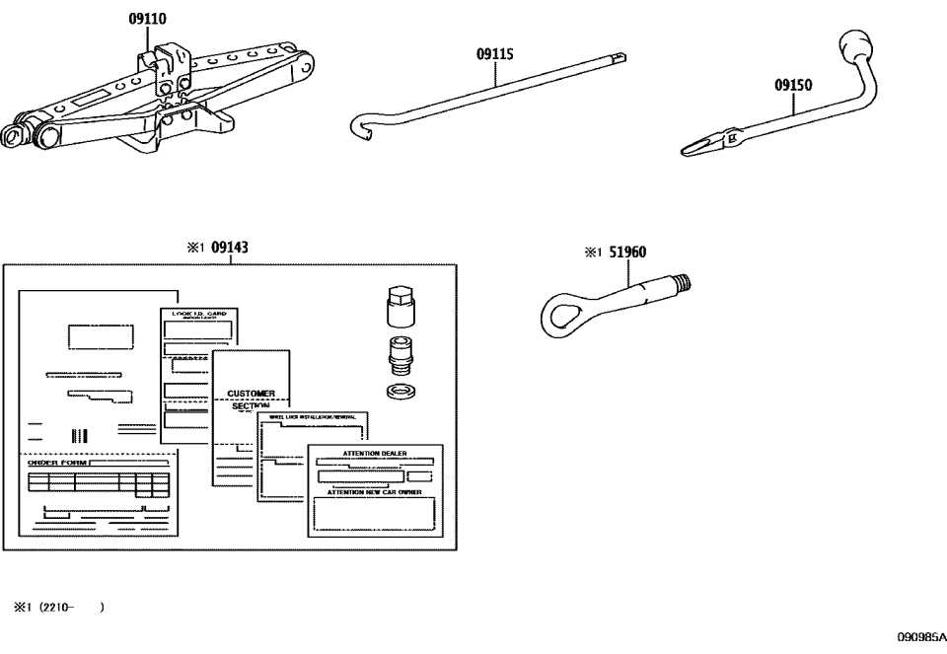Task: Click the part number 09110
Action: [147, 18]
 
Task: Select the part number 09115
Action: [495, 55]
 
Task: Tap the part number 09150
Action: [793, 85]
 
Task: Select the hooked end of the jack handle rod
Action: [363, 127]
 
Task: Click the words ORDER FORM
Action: [54, 461]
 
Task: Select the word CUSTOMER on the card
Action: [251, 393]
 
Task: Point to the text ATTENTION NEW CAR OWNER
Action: [375, 490]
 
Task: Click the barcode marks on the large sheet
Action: [79, 435]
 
